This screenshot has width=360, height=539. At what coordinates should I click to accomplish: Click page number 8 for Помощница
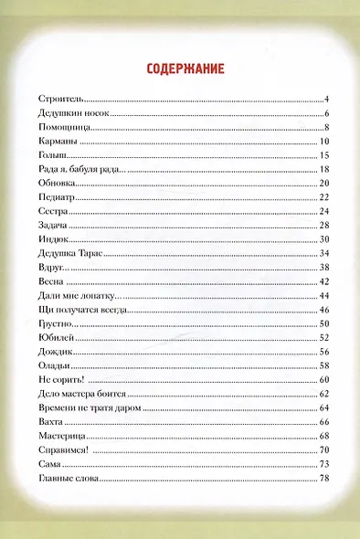[325, 127]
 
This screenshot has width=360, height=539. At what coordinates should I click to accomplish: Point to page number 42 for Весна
[323, 282]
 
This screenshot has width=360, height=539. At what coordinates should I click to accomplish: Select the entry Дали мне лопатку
[73, 297]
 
